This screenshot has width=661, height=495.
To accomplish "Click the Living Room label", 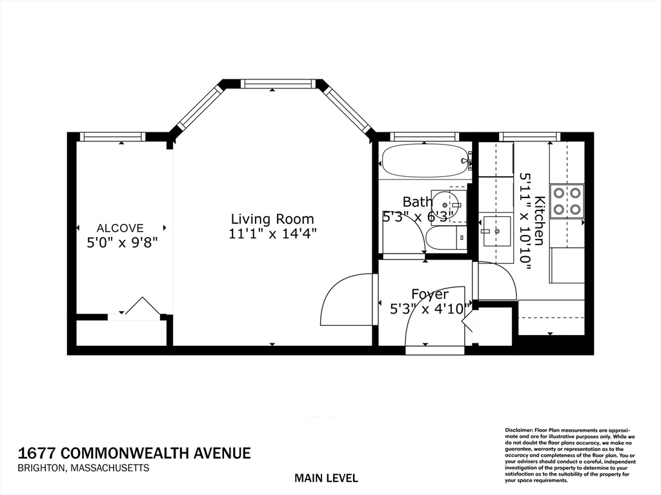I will (x=272, y=219).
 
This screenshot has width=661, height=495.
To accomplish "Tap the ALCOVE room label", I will (x=120, y=228).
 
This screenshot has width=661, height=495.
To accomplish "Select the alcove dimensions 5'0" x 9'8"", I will (x=123, y=242).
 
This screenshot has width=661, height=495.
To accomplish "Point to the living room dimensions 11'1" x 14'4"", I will (x=272, y=234).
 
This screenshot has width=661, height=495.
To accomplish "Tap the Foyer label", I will (x=429, y=295).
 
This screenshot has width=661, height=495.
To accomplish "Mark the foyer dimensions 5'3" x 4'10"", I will (x=430, y=309).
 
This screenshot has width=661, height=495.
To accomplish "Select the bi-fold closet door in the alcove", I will (x=141, y=307).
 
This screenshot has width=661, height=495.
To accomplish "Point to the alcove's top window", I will (x=112, y=136).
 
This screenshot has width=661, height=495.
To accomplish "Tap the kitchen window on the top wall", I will (x=529, y=136).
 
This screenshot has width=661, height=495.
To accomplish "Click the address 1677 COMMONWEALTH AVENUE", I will (x=134, y=453).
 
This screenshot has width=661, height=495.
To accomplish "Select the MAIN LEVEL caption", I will (x=326, y=478).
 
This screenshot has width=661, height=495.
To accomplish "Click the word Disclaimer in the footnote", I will (x=518, y=430).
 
